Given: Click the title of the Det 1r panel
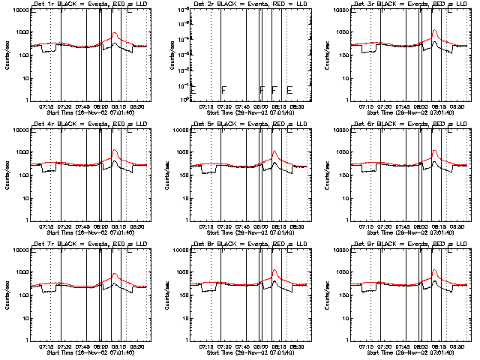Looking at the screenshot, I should click(x=79, y=4).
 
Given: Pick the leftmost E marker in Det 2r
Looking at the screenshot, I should click(x=193, y=90).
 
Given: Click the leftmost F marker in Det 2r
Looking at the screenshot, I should click(x=223, y=90).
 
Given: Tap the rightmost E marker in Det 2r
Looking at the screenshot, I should click(x=289, y=90).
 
